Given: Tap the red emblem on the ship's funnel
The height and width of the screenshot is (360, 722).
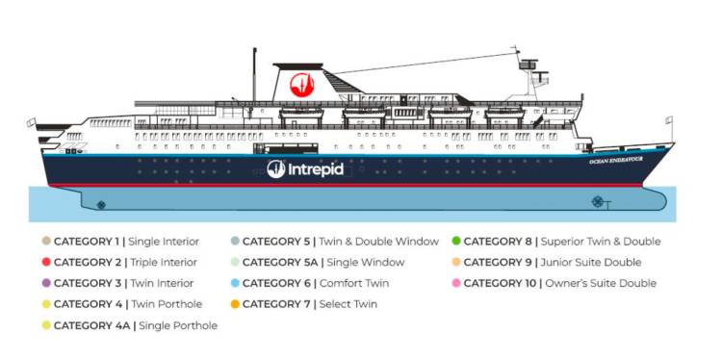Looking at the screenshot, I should (302, 84).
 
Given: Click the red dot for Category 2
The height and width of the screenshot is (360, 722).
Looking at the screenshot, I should (45, 262).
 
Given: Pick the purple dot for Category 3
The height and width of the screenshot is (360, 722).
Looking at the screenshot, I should (45, 283).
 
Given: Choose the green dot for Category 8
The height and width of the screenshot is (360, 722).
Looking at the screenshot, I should (455, 241).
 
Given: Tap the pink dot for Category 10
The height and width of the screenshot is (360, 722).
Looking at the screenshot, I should (455, 283).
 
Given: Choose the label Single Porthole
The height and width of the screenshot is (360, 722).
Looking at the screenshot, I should (178, 325).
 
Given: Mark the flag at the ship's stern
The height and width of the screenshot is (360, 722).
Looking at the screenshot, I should (31, 122).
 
